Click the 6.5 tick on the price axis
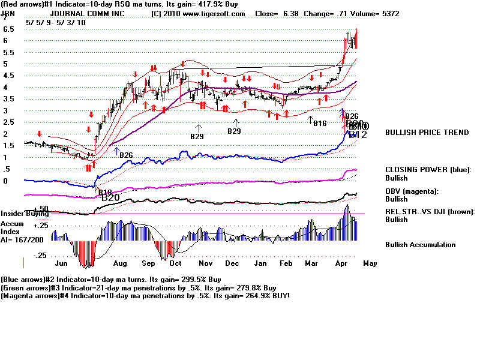pos(8,29)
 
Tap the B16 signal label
pos(319,123)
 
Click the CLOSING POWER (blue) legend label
pos(428,169)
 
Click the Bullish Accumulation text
pos(420,245)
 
